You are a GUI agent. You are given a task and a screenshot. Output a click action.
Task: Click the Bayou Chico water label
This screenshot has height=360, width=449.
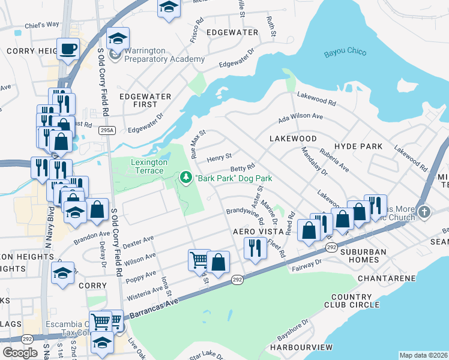tap(345, 52)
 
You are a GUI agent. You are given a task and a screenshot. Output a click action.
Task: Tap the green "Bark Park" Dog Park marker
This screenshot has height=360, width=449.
tap(185, 178)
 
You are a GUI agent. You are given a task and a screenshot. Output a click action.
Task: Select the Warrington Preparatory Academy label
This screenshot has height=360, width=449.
tap(161, 55)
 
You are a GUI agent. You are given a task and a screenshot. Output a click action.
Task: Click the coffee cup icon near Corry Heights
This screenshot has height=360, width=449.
tap(68, 48)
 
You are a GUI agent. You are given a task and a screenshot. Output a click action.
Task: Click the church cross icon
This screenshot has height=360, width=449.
tap(424, 212)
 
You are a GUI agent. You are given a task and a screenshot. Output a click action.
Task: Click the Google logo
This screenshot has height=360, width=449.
tap(19, 352)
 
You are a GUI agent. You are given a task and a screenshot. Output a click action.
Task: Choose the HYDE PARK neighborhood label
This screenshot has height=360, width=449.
tap(358, 146)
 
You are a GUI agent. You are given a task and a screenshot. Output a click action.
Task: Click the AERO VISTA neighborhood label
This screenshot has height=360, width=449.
tap(258, 232)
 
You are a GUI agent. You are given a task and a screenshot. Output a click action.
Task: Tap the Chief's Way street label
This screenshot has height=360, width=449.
tap(42, 25)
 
